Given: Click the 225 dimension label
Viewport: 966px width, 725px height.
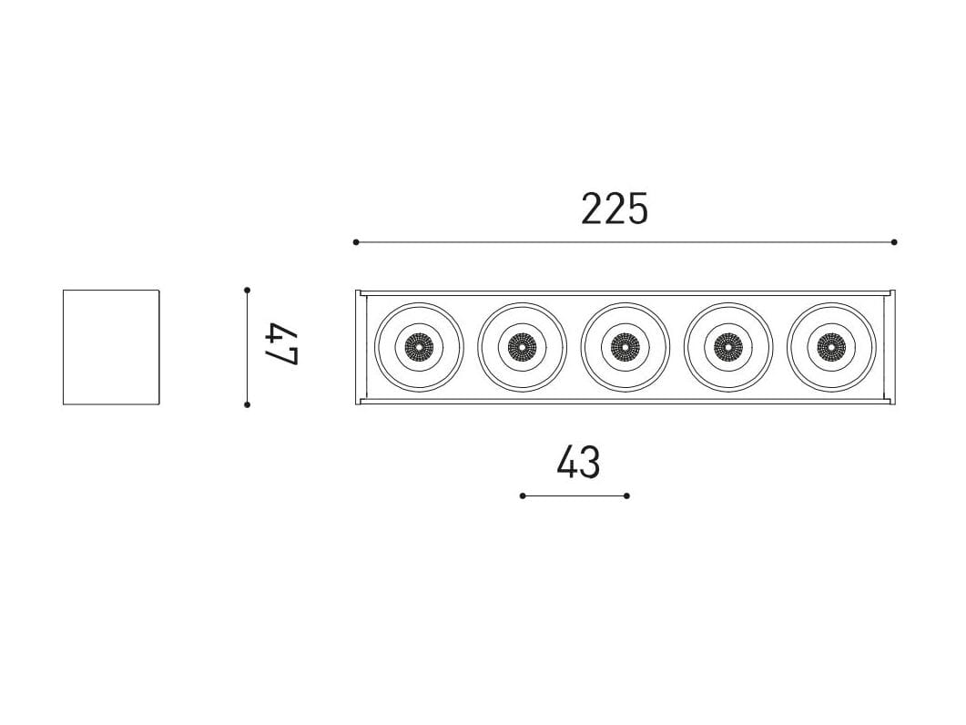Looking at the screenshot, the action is (615, 209).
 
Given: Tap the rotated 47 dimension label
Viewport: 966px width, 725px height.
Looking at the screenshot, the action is (282, 346).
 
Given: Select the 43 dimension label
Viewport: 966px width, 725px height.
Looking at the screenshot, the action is (578, 463).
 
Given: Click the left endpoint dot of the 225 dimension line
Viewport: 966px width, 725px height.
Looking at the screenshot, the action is (356, 242).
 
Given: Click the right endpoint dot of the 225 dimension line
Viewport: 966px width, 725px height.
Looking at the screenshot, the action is (894, 242).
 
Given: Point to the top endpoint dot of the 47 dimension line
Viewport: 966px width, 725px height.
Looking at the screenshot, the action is (247, 290).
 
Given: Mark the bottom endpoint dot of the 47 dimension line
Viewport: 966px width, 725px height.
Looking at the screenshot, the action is (247, 404).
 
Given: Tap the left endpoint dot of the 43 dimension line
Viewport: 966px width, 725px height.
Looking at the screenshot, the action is (523, 495).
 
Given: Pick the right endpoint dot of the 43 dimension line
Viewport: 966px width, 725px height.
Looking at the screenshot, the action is (626, 495).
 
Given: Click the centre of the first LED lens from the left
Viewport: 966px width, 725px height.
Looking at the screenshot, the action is (419, 347).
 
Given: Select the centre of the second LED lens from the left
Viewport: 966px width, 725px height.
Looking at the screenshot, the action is (522, 347).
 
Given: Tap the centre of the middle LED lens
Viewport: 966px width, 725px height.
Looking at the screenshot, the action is (625, 347).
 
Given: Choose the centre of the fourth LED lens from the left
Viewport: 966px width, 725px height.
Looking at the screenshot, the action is (727, 347).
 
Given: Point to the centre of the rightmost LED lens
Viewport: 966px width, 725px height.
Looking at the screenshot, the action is (831, 347).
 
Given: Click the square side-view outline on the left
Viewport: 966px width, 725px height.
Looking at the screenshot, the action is (64, 347).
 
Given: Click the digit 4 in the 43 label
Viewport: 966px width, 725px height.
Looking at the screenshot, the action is (567, 463).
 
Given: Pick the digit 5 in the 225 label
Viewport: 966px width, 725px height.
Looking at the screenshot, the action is (638, 209).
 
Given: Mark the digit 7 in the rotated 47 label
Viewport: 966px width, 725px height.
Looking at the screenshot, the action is (282, 357).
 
